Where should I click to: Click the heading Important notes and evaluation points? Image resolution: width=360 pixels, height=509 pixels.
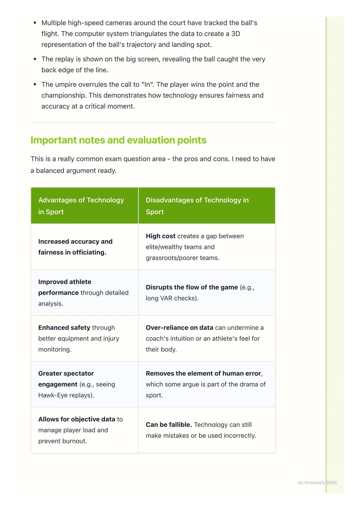[x=118, y=140]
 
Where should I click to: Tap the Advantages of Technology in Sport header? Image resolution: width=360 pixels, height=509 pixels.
[x=81, y=206]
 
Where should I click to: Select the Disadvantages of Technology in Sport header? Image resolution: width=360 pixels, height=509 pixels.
[x=197, y=206]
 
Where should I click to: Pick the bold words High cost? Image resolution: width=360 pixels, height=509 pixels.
[x=161, y=236]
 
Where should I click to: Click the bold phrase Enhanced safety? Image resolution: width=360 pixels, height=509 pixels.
[x=64, y=328]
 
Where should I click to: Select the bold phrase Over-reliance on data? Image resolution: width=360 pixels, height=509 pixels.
[x=179, y=328]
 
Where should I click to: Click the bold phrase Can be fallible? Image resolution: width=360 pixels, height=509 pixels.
[x=169, y=425]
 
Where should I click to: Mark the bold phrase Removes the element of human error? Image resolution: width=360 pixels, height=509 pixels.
[x=203, y=373]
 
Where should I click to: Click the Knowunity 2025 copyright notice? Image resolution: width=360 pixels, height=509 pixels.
[x=317, y=483]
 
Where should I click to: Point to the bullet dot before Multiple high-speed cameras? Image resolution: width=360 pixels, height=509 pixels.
[x=35, y=23]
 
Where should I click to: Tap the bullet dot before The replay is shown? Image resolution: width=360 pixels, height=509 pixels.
[x=35, y=59]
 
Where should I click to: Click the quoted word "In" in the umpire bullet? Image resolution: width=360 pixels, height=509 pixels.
[x=146, y=85]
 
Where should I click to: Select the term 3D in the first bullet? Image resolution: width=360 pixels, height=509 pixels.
[x=236, y=34]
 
